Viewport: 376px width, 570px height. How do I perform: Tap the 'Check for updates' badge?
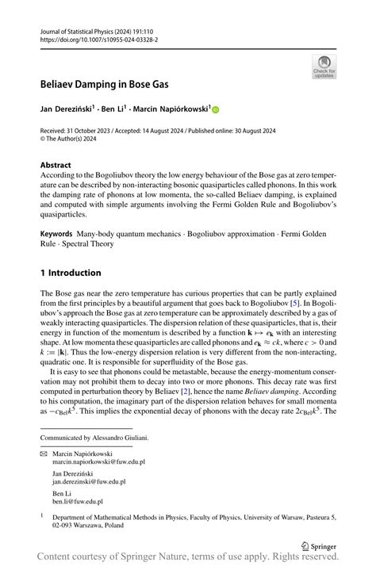pyautogui.click(x=324, y=67)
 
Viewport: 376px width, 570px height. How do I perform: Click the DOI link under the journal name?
pyautogui.click(x=99, y=39)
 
